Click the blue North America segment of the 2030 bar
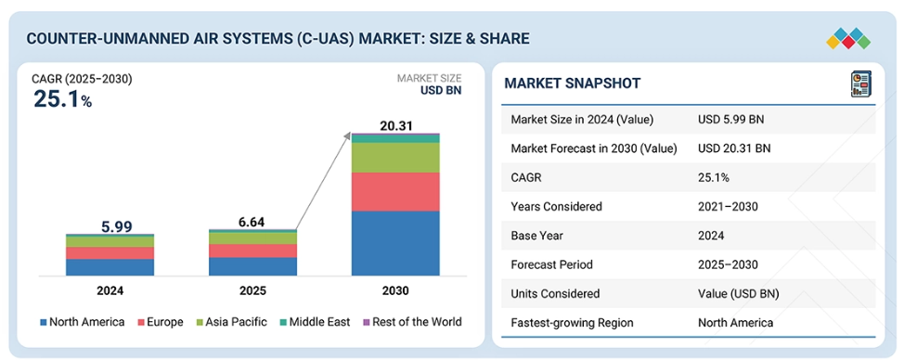click(x=395, y=243)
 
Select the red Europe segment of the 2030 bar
click(x=395, y=192)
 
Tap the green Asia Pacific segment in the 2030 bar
click(x=395, y=158)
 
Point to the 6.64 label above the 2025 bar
click(x=252, y=222)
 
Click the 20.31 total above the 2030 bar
click(x=395, y=125)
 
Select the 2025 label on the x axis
click(x=252, y=291)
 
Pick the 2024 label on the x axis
click(x=110, y=291)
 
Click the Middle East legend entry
click(x=314, y=322)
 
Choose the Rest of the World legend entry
click(x=412, y=322)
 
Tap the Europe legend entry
click(x=160, y=322)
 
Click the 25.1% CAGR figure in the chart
click(x=62, y=99)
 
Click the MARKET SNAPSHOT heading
click(x=572, y=84)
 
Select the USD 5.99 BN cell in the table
click(x=731, y=120)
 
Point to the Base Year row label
click(x=536, y=236)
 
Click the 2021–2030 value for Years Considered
click(x=728, y=207)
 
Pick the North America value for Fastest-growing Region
click(x=735, y=323)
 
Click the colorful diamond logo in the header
click(x=848, y=38)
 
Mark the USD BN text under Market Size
click(x=441, y=90)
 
